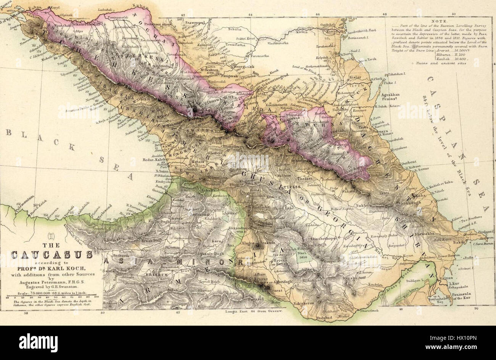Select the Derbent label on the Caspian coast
(409, 161)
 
